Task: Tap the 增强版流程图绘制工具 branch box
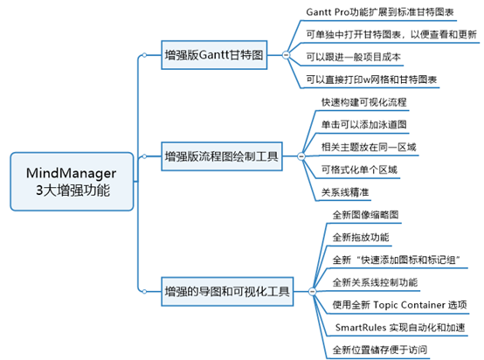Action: click(x=221, y=157)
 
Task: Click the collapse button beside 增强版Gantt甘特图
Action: click(x=286, y=55)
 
